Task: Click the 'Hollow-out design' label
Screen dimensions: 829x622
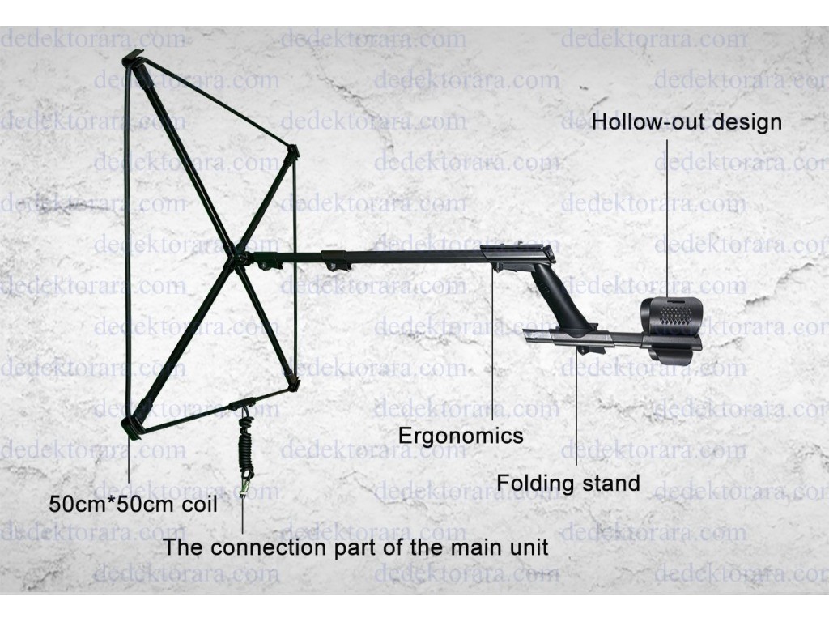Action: tap(687, 122)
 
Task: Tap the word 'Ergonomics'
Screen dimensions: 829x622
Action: tap(461, 436)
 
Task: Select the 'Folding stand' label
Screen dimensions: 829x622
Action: tap(568, 483)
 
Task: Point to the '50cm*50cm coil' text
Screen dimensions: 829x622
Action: tap(134, 504)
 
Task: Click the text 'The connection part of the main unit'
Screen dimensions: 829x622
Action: tap(355, 547)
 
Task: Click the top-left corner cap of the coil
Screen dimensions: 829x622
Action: tap(135, 62)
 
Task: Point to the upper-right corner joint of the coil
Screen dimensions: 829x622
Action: tap(291, 152)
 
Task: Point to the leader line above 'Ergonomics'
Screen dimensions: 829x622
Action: tap(493, 344)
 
